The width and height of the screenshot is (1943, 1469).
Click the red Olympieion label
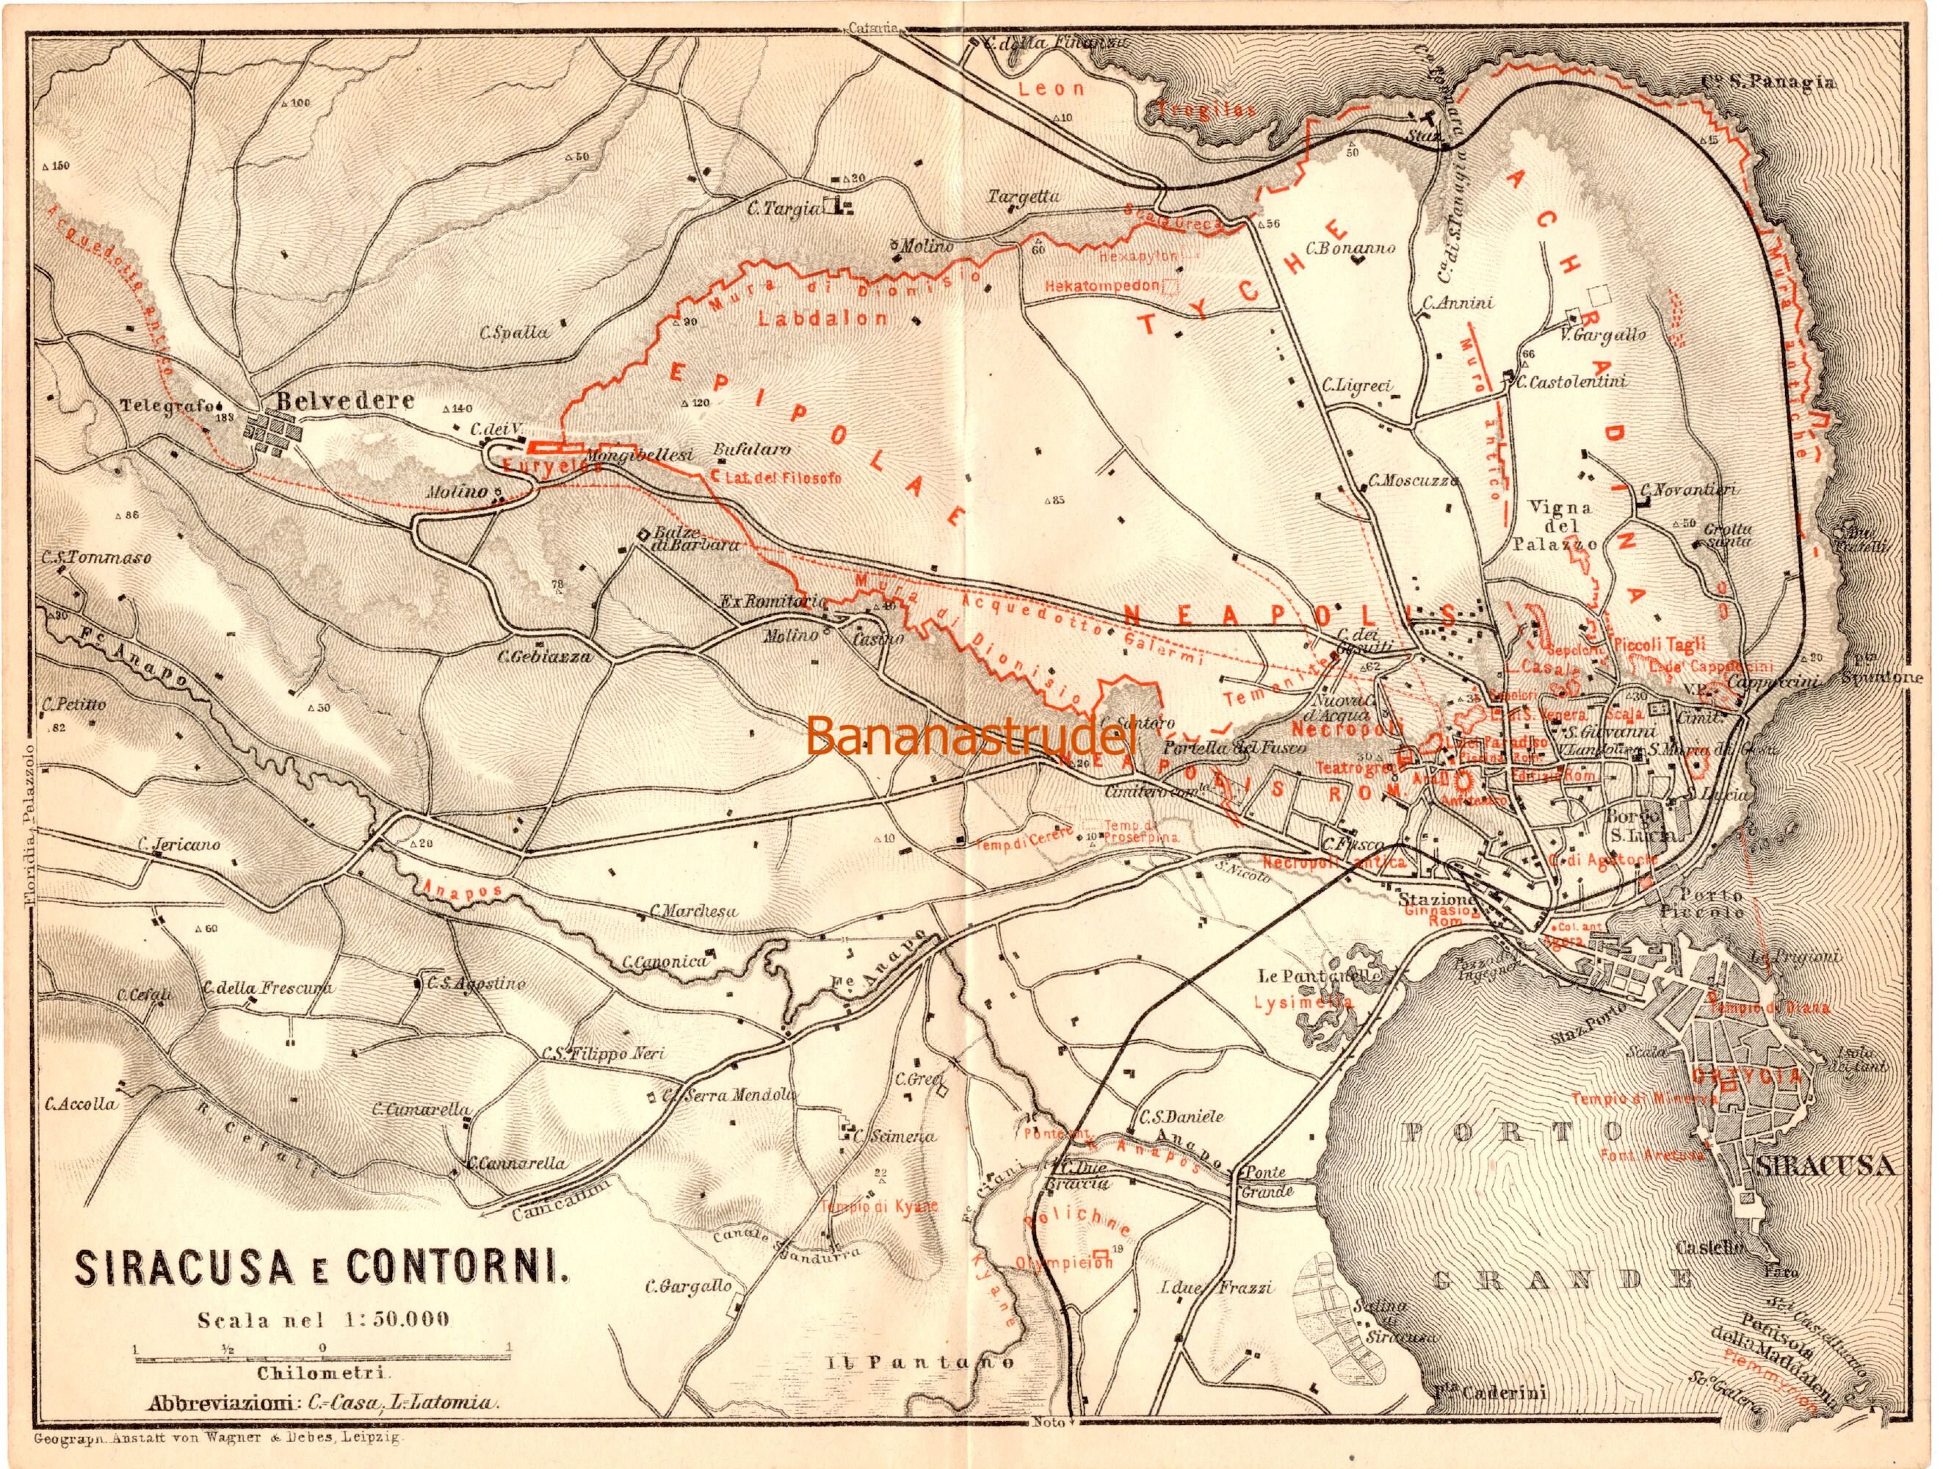click(1065, 1263)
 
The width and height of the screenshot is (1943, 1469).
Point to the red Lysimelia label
click(1303, 1002)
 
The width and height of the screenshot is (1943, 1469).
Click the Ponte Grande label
click(1263, 1182)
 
